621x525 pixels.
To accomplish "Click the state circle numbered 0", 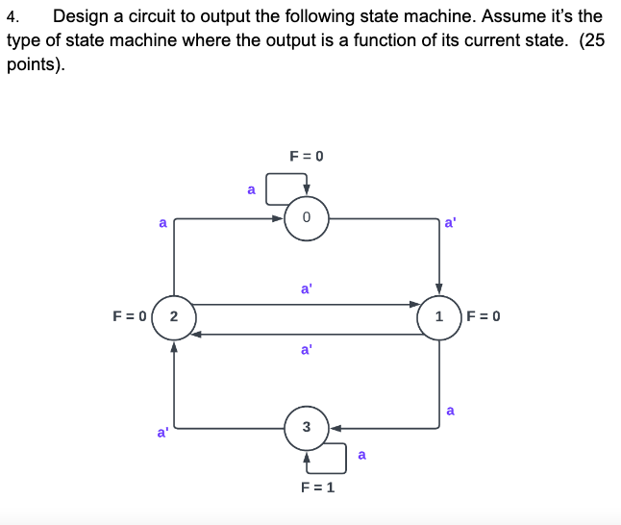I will (306, 218).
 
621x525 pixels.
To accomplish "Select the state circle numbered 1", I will (439, 315).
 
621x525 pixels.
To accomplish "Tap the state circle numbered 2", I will (173, 315).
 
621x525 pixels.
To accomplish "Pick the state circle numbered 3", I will (306, 427).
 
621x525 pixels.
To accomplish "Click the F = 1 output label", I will (316, 487).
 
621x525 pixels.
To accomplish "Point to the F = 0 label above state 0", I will (307, 155).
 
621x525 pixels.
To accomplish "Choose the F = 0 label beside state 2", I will (128, 315).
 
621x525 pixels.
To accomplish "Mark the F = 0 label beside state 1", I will (484, 315).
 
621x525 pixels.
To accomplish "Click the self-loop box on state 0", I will (286, 187).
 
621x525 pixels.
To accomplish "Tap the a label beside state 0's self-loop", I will (251, 189).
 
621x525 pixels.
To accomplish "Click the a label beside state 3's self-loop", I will (361, 455).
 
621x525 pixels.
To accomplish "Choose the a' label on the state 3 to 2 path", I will (162, 433).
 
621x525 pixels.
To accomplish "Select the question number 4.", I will (12, 16).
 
